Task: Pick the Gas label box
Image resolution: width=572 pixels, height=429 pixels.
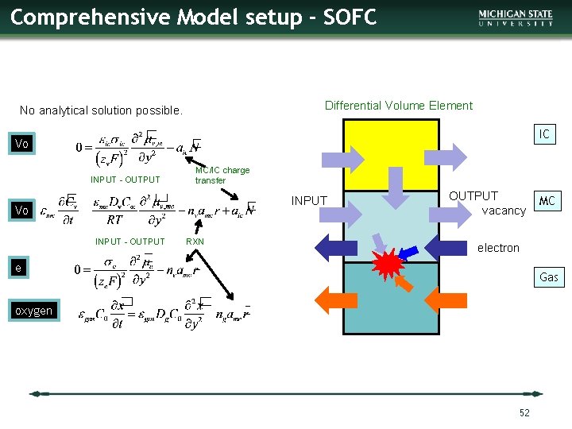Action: [x=548, y=277]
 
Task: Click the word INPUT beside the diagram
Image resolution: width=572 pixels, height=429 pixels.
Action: [x=309, y=200]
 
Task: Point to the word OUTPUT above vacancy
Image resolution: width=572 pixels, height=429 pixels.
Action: [x=473, y=195]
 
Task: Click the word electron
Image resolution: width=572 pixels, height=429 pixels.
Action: [x=498, y=248]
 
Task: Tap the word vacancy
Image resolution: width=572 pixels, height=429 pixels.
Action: [x=504, y=211]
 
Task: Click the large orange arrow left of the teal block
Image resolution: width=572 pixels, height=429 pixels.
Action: [x=336, y=297]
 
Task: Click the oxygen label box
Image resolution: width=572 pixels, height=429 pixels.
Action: [x=34, y=311]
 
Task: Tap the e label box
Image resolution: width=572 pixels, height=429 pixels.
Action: [x=17, y=269]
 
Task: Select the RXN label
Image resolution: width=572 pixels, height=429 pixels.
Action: [x=195, y=242]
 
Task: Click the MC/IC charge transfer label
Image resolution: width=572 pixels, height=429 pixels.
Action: [x=222, y=175]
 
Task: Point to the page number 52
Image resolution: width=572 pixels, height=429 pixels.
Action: [x=524, y=412]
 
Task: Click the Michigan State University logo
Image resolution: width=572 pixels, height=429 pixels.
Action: [x=516, y=18]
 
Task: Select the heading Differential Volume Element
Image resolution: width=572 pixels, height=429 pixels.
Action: [x=399, y=106]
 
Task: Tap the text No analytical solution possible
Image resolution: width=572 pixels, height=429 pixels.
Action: [x=101, y=110]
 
